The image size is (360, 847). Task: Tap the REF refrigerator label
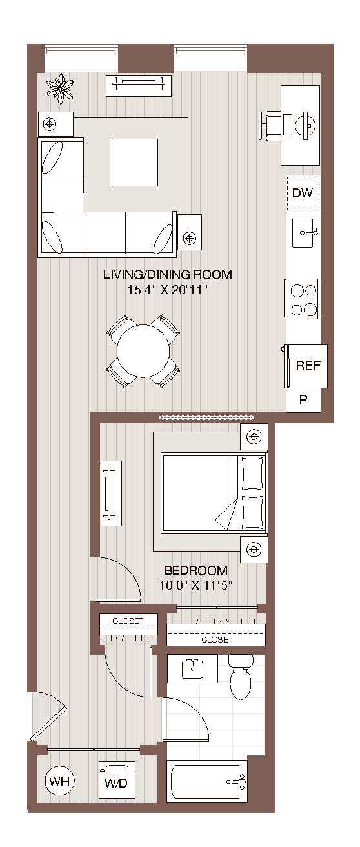point(308,366)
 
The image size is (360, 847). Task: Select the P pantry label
point(303,399)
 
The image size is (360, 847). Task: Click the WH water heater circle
point(60,782)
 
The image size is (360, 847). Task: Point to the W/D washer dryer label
point(117,784)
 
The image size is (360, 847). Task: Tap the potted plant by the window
point(63,88)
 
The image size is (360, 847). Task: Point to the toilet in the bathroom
point(240,679)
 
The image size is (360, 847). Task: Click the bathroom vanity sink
point(192,668)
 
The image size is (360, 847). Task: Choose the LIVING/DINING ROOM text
point(167,275)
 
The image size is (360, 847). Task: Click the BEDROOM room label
point(195,571)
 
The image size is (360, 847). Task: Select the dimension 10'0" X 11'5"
point(195,586)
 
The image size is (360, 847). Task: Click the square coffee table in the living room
point(133,162)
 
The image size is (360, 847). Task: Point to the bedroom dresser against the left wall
point(110,492)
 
